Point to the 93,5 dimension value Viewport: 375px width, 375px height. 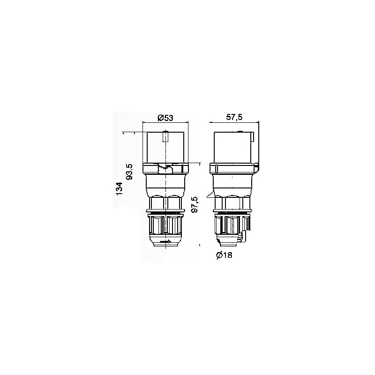131,171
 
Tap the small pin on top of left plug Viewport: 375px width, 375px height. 165,137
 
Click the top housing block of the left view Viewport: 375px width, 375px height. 165,149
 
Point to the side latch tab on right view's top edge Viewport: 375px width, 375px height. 253,138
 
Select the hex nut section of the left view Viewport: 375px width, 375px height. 165,202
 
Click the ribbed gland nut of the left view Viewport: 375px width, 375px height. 165,225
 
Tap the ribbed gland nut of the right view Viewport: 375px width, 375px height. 231,225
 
